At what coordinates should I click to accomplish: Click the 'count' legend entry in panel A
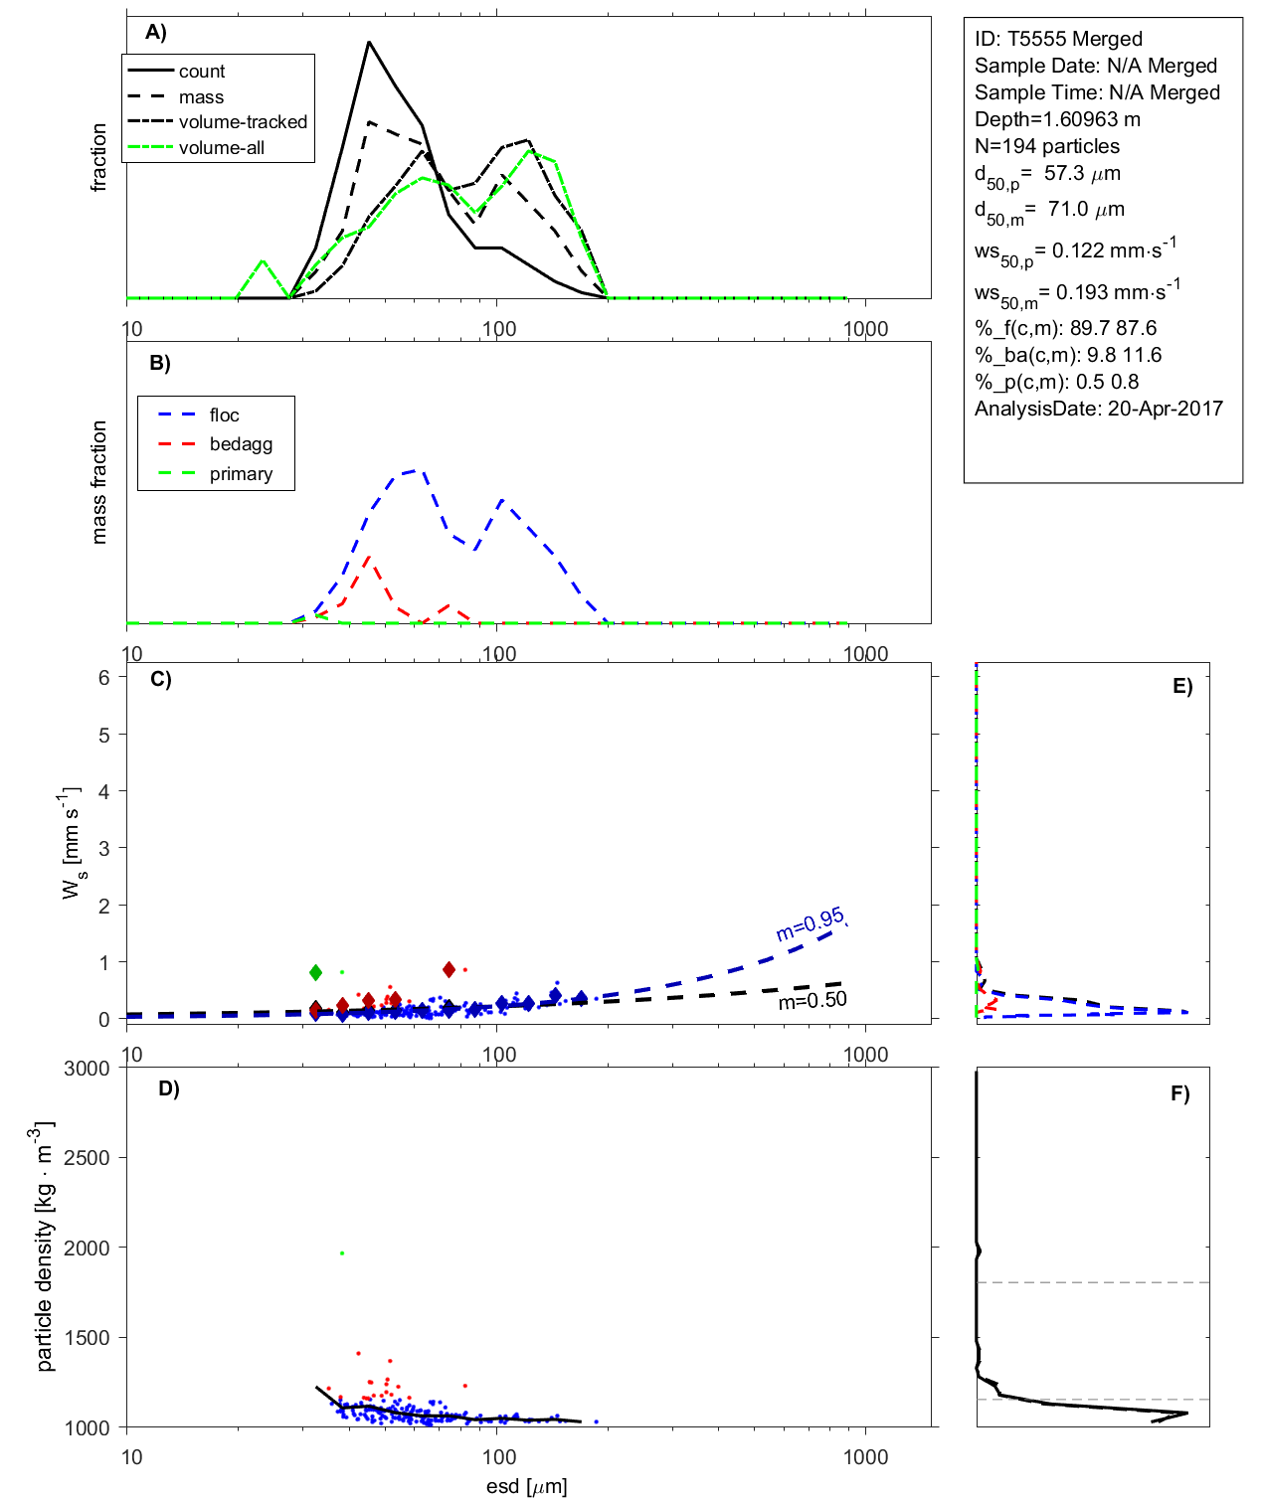click(202, 72)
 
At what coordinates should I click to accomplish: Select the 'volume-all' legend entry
click(221, 148)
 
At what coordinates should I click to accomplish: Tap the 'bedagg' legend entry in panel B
click(241, 444)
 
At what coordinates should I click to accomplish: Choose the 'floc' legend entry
click(224, 416)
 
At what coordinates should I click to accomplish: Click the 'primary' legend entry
click(241, 474)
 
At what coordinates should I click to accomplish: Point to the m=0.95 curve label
click(810, 924)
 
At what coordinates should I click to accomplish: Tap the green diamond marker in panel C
click(315, 972)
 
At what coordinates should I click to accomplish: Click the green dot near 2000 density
click(341, 1253)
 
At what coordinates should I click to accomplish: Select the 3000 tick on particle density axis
click(87, 1069)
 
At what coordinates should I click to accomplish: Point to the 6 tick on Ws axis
click(103, 678)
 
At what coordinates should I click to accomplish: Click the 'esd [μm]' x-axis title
click(526, 1487)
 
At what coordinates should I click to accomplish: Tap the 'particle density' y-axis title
click(45, 1247)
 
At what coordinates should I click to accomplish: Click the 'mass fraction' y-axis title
click(98, 482)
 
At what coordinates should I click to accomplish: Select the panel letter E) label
click(1181, 686)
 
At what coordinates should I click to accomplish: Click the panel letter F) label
click(1179, 1093)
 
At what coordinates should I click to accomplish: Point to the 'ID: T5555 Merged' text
click(1058, 39)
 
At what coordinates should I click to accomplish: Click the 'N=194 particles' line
click(1046, 146)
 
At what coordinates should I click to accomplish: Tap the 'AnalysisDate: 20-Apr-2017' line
click(1098, 409)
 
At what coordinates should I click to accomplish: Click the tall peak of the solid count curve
click(369, 43)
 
